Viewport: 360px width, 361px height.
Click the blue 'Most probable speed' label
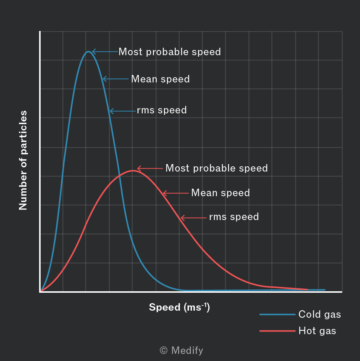[x=170, y=52]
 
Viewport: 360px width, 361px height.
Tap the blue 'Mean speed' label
[x=160, y=79]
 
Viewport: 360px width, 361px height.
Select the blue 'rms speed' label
[x=162, y=110]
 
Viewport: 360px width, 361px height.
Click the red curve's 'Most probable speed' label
[x=217, y=168]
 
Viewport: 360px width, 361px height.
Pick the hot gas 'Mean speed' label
[x=220, y=193]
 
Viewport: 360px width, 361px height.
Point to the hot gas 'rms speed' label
[x=234, y=217]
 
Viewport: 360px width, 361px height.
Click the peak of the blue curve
[x=88, y=51]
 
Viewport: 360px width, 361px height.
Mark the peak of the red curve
[x=133, y=170]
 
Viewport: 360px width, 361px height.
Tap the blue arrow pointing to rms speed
[x=123, y=111]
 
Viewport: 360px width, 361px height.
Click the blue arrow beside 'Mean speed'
[x=116, y=79]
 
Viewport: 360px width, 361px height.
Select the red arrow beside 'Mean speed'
[x=176, y=193]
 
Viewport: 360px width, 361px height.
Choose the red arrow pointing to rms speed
[x=194, y=217]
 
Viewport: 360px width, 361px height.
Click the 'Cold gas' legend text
[x=319, y=314]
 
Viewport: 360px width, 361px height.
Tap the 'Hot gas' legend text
[x=317, y=331]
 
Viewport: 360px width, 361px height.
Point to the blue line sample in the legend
[x=277, y=314]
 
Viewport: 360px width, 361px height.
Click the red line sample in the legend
[x=277, y=331]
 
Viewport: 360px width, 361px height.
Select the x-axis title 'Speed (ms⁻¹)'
[x=179, y=307]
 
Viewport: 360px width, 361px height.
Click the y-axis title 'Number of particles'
[x=23, y=160]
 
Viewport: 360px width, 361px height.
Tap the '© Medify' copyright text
[x=181, y=351]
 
